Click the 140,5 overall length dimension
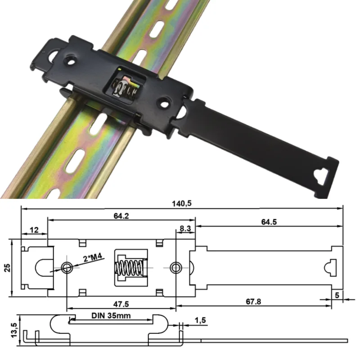182,204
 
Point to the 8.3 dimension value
185,229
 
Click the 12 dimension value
34,230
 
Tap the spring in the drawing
130,268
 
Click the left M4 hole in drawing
67,267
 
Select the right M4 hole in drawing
175,267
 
